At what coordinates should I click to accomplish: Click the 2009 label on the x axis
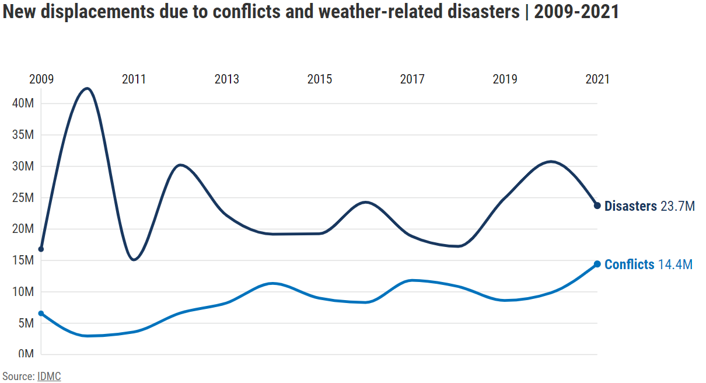(41, 79)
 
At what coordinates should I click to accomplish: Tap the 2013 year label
(227, 79)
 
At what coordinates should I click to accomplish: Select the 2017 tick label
(413, 79)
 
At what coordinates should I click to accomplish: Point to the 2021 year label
(597, 79)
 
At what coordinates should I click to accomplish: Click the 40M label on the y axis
(23, 103)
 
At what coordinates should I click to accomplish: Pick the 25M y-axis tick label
(23, 198)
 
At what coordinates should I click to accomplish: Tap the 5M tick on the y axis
(26, 323)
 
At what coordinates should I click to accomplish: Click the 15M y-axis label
(23, 260)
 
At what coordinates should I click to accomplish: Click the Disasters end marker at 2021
(597, 206)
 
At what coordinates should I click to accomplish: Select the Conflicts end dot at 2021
(597, 264)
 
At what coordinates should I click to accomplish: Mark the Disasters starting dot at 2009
(41, 249)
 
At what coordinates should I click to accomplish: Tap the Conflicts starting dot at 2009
(41, 314)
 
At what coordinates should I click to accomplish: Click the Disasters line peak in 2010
(88, 89)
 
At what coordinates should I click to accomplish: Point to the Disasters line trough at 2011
(134, 259)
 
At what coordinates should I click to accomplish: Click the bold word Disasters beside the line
(631, 206)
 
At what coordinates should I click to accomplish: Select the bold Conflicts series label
(630, 264)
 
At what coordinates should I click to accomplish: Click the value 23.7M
(677, 206)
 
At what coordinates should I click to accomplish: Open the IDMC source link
(49, 377)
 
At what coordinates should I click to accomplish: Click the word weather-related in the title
(381, 12)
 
